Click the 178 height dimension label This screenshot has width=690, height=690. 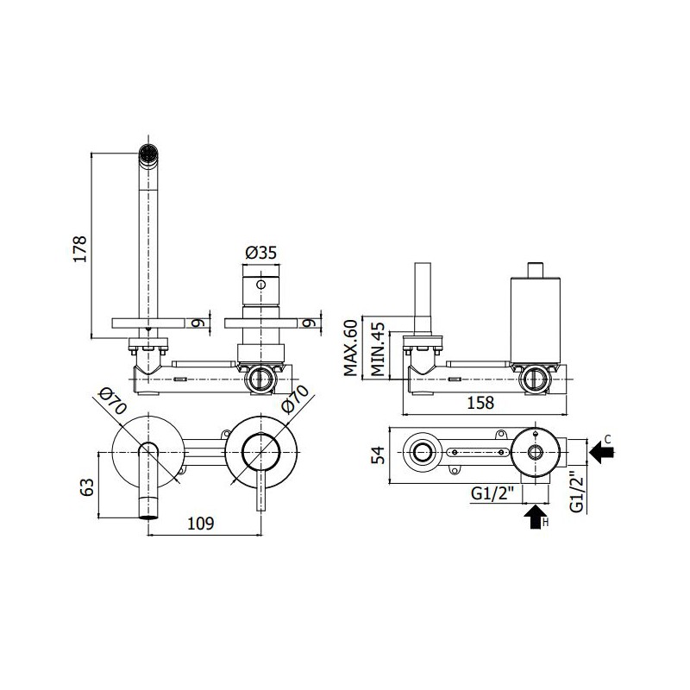pos(80,249)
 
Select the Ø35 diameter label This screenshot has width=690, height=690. pos(261,253)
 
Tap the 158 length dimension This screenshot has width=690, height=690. pos(480,402)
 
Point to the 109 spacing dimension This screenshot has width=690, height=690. pos(201,524)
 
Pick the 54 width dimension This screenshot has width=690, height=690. pos(378,455)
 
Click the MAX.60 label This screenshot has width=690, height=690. pos(351,348)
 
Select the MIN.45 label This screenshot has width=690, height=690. pos(377,349)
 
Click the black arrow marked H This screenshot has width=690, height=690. pos(536,517)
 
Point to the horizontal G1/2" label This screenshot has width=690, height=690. pos(492,493)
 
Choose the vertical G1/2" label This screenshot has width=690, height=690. pos(576,492)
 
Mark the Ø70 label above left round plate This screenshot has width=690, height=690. pos(113,400)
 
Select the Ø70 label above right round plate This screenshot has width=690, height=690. pos(294,399)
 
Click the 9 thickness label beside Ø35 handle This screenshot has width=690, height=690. pos(310,323)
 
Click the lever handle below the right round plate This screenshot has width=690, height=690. pos(261,490)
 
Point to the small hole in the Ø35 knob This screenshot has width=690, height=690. pos(261,285)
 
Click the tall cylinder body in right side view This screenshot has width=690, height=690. pos(535,319)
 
